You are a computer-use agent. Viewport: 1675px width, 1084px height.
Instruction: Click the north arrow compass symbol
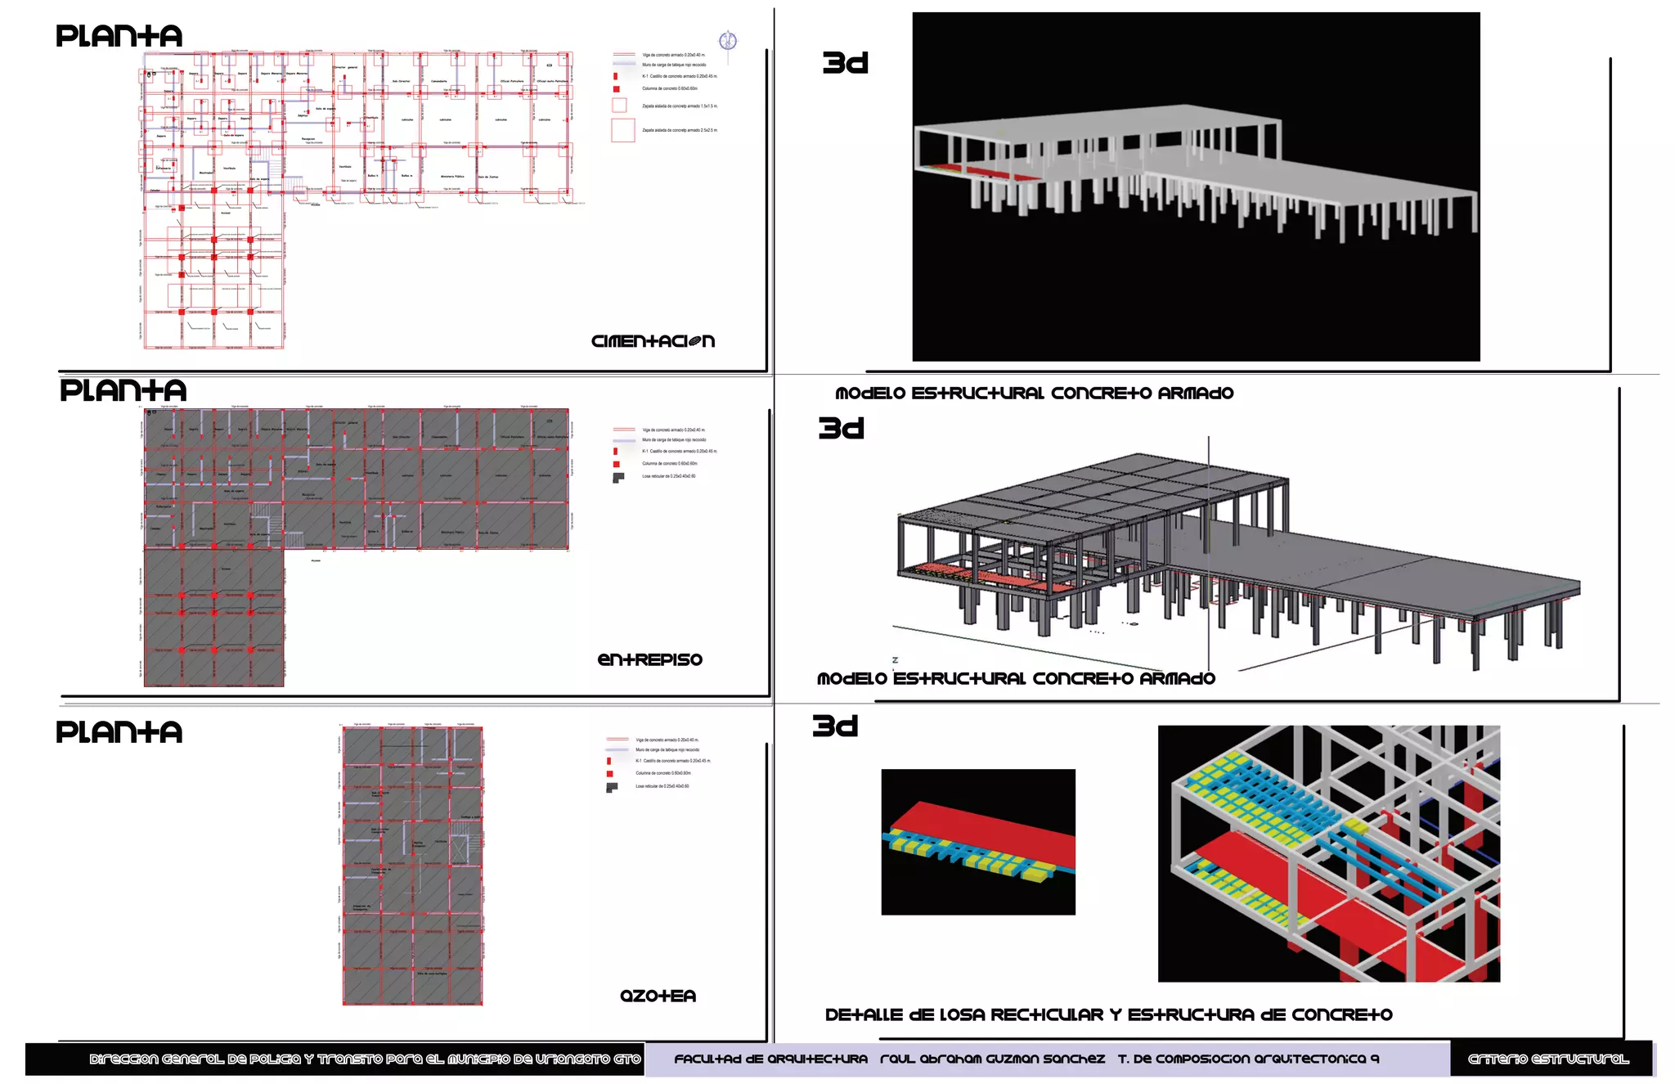point(727,41)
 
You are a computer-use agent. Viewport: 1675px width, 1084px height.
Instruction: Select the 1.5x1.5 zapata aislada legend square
point(619,106)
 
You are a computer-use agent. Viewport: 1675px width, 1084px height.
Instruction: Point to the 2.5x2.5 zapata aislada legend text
point(679,130)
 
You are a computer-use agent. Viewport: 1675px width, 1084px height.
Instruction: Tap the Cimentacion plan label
point(653,341)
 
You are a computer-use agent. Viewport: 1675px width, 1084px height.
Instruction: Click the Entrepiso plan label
point(649,659)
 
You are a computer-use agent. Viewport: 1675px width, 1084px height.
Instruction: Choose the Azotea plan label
point(658,996)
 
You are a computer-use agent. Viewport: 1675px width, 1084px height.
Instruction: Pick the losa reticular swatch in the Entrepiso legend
point(618,477)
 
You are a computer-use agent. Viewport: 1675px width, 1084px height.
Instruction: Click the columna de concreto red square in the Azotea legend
point(609,773)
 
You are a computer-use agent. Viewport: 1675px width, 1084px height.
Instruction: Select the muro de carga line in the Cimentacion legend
point(624,64)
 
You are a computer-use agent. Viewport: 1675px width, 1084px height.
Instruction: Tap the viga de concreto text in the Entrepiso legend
point(673,430)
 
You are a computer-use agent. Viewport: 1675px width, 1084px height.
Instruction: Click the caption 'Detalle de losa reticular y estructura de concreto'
point(1108,1015)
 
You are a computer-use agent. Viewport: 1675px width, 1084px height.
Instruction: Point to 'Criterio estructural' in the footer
point(1548,1059)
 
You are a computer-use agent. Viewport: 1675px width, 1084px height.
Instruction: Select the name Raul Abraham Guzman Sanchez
point(992,1059)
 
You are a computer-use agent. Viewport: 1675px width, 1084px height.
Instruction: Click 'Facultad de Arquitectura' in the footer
point(770,1059)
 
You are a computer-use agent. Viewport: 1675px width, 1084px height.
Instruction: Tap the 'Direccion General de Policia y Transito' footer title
point(365,1059)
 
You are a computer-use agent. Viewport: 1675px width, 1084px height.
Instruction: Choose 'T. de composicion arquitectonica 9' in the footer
point(1248,1059)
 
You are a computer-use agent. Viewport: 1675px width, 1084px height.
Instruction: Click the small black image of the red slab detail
point(977,842)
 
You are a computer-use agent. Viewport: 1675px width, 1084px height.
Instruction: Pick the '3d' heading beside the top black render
point(845,63)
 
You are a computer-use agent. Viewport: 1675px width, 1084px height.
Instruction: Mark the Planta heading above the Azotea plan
point(119,732)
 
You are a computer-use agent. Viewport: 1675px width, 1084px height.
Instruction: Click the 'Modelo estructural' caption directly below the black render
point(1034,394)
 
